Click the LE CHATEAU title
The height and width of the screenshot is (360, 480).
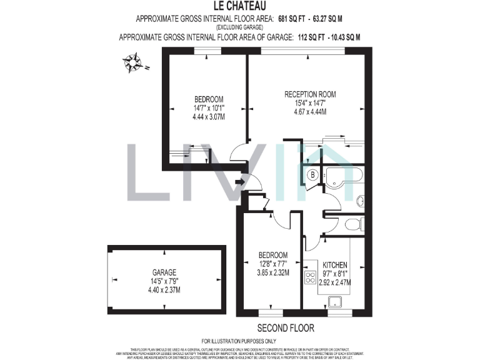[239, 6]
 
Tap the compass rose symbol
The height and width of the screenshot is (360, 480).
[132, 62]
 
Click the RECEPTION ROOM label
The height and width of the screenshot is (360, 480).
[310, 94]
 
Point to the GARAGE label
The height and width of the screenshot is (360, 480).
[164, 272]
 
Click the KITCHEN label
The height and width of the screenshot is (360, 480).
[335, 265]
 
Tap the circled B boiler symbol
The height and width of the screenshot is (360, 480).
[312, 175]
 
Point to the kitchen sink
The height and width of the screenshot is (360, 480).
[336, 301]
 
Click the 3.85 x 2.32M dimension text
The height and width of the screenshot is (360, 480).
[273, 272]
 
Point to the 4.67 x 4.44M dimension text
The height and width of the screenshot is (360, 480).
[310, 112]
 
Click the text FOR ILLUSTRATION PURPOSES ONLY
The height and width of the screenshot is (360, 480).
[239, 341]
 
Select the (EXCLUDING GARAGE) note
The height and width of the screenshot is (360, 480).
[239, 28]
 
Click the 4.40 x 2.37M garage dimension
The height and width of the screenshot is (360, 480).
[164, 290]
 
